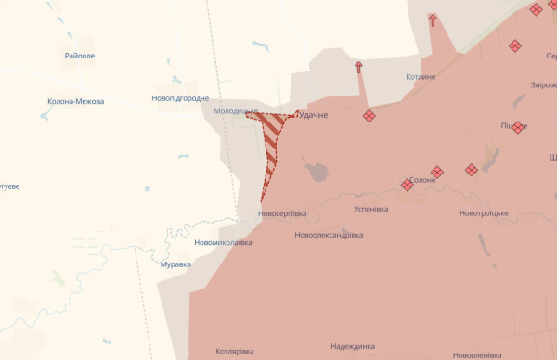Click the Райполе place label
tap(80, 56)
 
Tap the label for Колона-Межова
tap(75, 101)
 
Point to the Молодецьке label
tap(235, 111)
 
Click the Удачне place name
tap(313, 115)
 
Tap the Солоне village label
tap(422, 179)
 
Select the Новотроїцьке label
tap(484, 213)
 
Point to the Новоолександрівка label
tap(328, 235)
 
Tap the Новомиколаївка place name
tap(223, 242)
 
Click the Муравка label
tap(175, 264)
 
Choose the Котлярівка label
tap(235, 352)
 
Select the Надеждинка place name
tap(357, 346)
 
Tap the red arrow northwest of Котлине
tap(358, 67)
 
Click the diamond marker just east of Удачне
tap(369, 116)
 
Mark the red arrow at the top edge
tap(433, 19)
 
